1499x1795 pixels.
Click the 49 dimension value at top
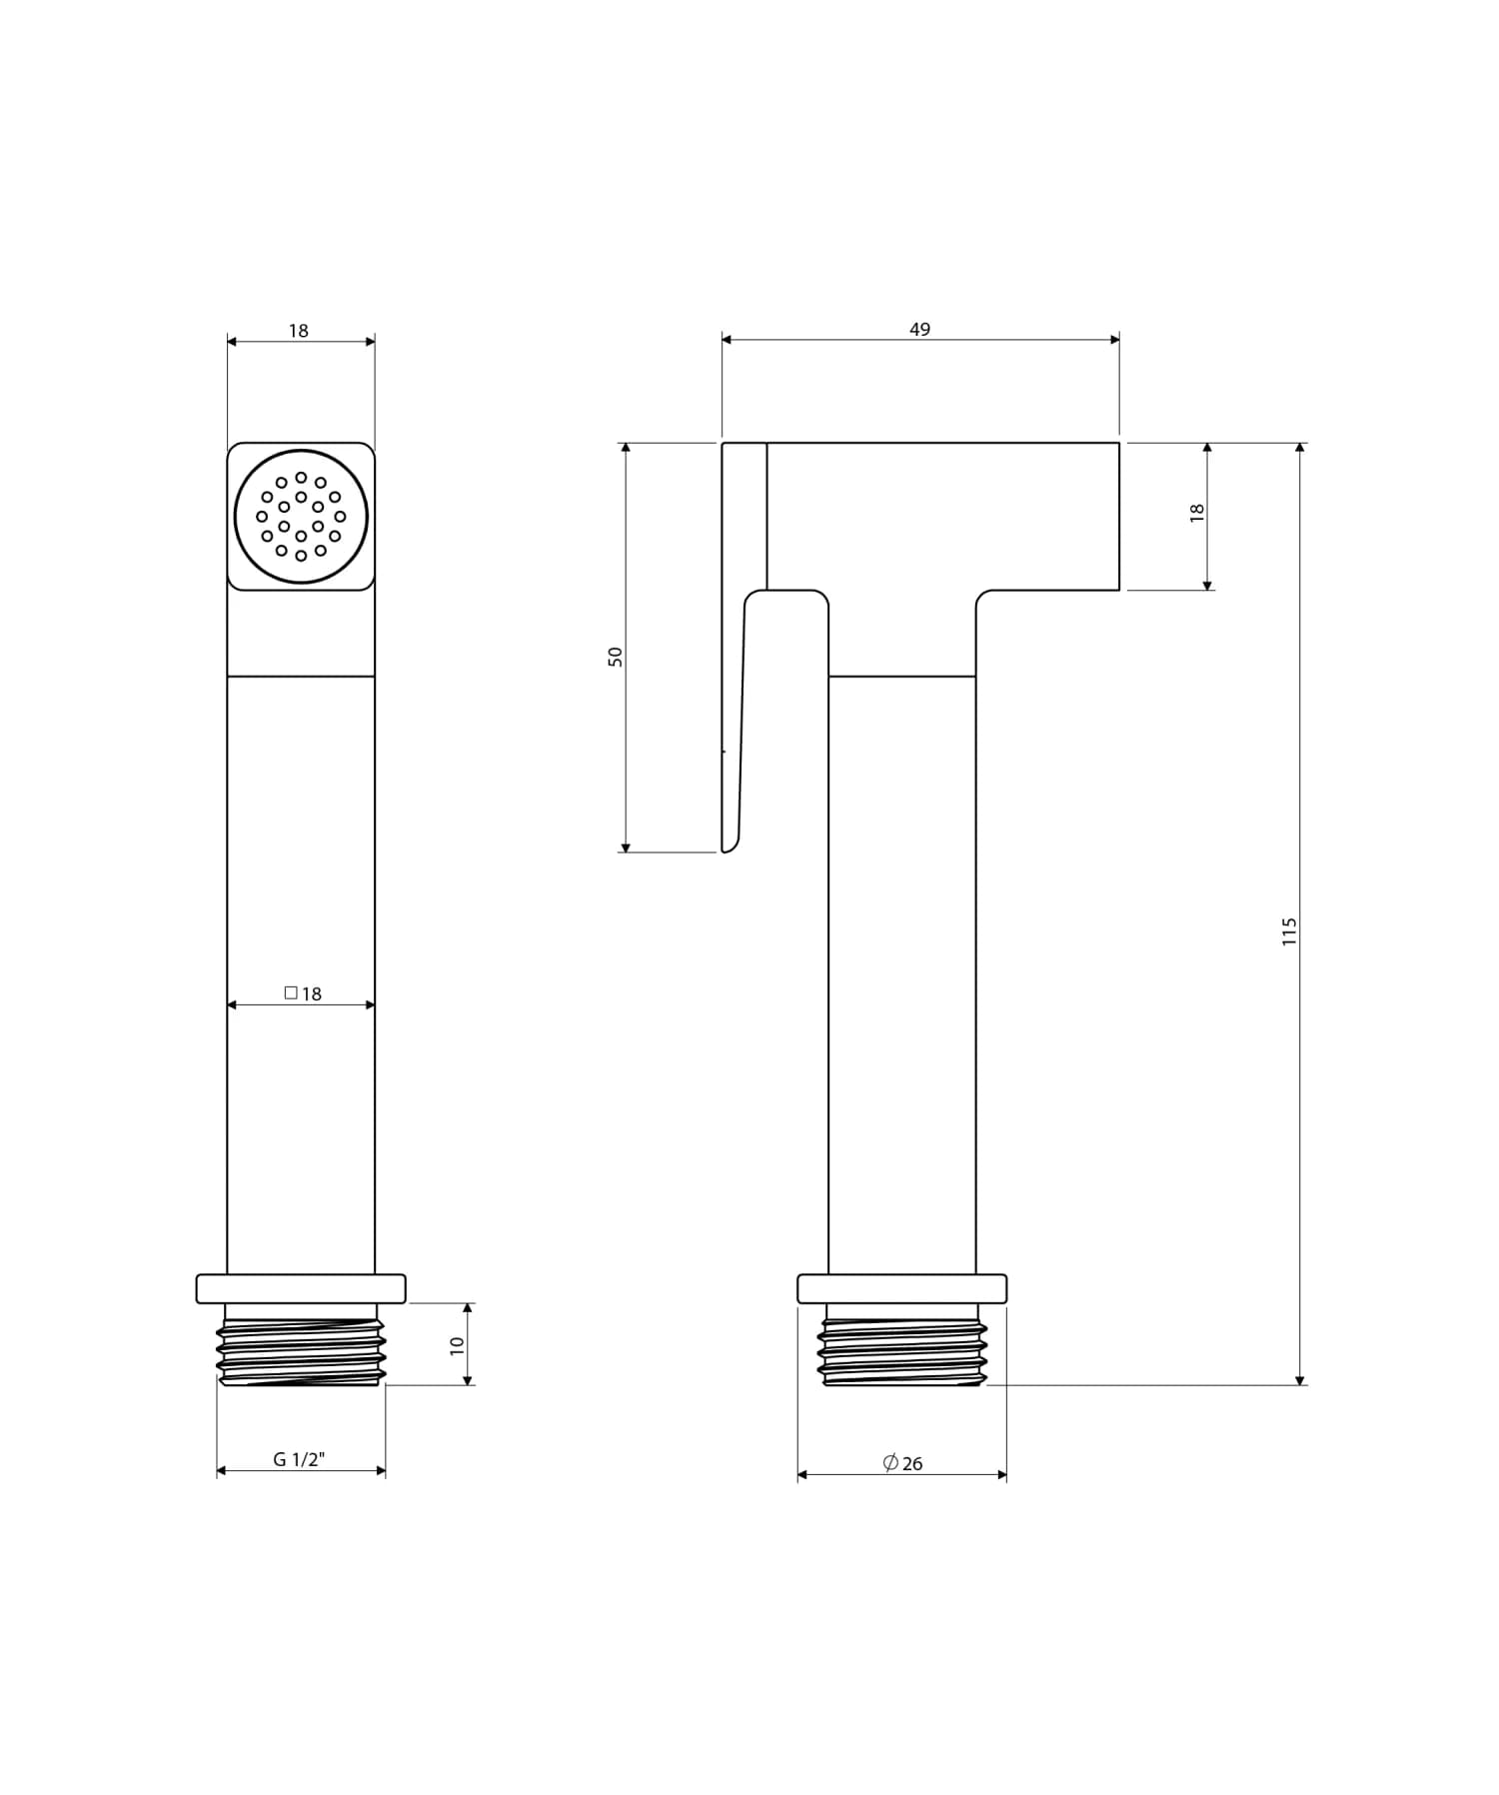[919, 329]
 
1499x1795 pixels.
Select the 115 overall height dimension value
[1289, 930]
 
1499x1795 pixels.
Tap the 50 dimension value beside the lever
[616, 657]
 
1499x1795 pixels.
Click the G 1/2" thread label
[299, 1459]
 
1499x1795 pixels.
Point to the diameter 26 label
[903, 1463]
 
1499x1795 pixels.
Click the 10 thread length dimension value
[458, 1345]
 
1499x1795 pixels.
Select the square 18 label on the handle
[303, 993]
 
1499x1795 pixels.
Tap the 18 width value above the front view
[299, 330]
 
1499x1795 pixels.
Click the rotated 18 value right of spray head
[1197, 512]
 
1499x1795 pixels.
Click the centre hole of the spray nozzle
[301, 516]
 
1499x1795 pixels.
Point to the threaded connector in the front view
[301, 1351]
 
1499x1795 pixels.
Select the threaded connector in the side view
[902, 1351]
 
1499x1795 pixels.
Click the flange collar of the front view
[301, 1288]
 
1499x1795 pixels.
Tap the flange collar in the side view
[902, 1288]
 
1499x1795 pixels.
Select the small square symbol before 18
[291, 992]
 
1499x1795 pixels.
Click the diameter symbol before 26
[890, 1462]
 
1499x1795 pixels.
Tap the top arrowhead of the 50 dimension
[626, 449]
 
